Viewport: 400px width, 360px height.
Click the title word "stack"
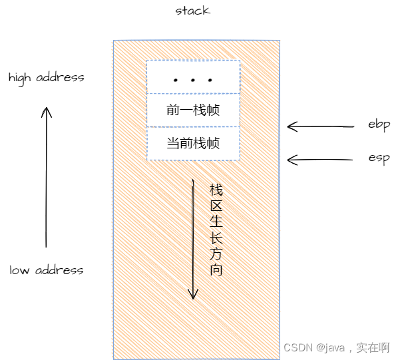193,11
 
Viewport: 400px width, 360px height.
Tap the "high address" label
46,77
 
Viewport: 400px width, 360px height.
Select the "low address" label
46,270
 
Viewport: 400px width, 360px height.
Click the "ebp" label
378,124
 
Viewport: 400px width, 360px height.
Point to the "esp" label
378,158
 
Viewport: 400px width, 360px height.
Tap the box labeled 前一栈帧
193,110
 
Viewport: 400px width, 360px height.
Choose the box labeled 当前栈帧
193,143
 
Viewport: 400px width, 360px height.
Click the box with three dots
193,77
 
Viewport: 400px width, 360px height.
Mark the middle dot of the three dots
193,81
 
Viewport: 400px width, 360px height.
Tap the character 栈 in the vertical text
215,189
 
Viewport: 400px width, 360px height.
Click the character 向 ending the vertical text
215,270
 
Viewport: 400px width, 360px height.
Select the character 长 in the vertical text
215,237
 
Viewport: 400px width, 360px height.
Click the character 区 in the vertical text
215,205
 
